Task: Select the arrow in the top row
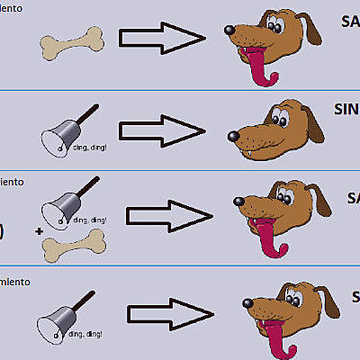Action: [162, 38]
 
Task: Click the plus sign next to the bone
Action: [39, 231]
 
